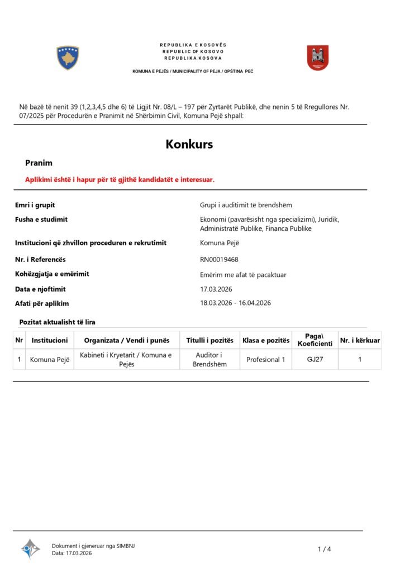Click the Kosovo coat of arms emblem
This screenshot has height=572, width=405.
(x=68, y=58)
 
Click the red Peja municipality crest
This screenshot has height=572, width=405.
(x=317, y=58)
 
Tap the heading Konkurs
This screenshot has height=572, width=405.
(x=189, y=144)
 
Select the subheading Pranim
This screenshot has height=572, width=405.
(x=39, y=163)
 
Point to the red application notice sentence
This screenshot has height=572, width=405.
(x=120, y=179)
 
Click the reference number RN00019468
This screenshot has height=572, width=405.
(x=218, y=259)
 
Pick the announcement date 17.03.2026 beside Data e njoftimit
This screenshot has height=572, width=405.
(x=216, y=289)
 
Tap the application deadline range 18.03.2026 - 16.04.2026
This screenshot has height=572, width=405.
(x=235, y=303)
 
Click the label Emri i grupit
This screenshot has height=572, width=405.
(x=35, y=205)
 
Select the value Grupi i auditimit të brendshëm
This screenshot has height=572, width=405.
(x=246, y=205)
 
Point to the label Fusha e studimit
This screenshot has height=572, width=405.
(x=41, y=219)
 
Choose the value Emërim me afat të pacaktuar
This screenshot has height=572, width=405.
(x=243, y=274)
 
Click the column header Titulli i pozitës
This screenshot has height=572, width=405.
(x=209, y=340)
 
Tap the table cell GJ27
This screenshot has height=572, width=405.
(x=315, y=359)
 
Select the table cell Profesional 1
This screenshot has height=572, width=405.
(x=265, y=359)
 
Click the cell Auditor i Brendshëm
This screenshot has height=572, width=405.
(x=209, y=359)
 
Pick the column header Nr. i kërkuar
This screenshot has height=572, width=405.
(x=360, y=340)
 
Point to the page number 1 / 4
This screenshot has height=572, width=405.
(x=325, y=549)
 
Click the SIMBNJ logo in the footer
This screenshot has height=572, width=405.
(x=30, y=549)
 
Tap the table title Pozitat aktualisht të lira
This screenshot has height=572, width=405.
(x=57, y=322)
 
